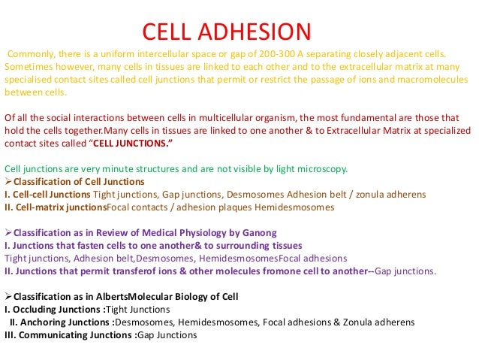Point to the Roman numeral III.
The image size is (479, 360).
tap(11, 334)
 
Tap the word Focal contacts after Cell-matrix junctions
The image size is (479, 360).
tap(138, 207)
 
